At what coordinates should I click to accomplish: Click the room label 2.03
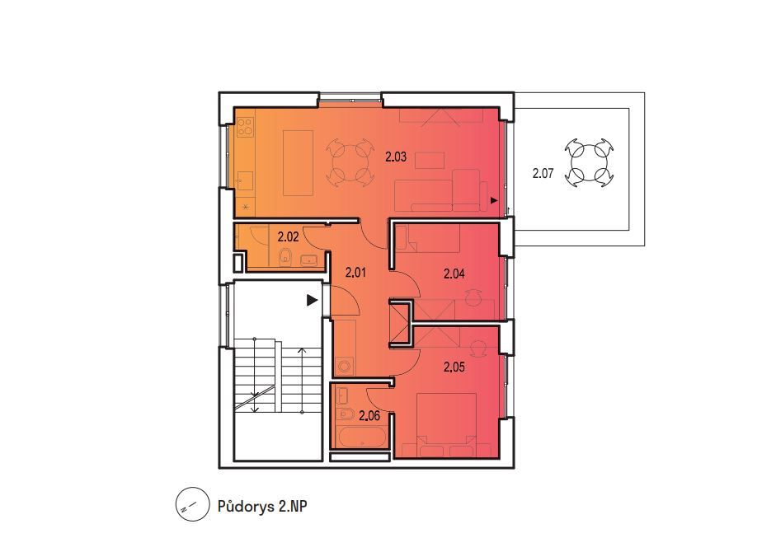click(x=396, y=157)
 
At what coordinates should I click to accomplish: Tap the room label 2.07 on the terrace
click(x=543, y=173)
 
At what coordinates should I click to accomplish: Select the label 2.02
click(x=288, y=237)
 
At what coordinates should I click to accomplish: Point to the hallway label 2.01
click(x=355, y=272)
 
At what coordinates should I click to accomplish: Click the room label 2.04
click(x=454, y=274)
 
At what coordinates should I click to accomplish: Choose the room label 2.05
click(x=454, y=367)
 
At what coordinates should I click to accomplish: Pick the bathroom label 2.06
click(x=369, y=415)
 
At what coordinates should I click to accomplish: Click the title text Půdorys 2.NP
click(x=262, y=507)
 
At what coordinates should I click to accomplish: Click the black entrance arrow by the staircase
click(x=312, y=300)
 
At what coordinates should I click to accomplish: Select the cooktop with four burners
click(x=246, y=126)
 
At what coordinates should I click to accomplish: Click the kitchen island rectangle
click(x=298, y=163)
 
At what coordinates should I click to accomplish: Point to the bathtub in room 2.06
click(x=362, y=437)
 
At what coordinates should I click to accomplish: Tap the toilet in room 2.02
click(x=285, y=257)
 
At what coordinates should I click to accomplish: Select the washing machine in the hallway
click(x=345, y=367)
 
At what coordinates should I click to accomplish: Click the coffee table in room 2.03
click(x=430, y=161)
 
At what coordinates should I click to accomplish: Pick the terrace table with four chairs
click(x=590, y=162)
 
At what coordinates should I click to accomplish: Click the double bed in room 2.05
click(x=447, y=425)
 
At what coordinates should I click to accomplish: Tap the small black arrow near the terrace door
click(x=493, y=200)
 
